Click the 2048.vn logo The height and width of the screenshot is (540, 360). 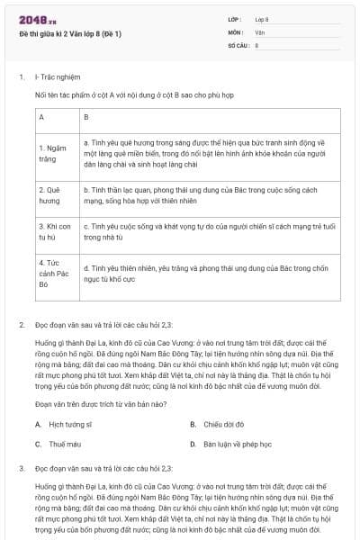tap(33, 19)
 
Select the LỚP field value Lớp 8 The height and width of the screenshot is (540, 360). tap(262, 19)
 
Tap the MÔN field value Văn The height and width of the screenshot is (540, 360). tap(259, 31)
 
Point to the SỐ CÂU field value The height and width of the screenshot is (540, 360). tap(257, 44)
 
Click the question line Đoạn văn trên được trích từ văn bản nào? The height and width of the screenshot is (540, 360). tap(95, 405)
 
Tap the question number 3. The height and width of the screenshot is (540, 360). tap(21, 469)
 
